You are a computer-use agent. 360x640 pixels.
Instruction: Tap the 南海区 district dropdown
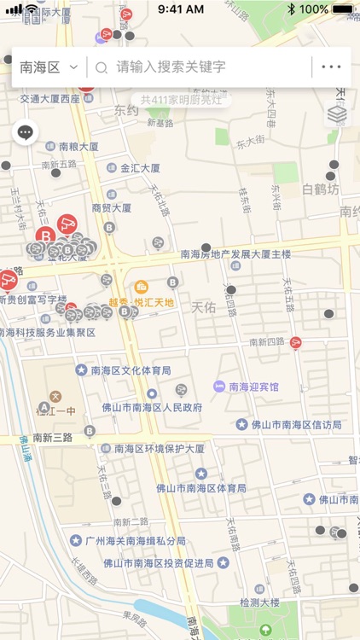[x=48, y=67]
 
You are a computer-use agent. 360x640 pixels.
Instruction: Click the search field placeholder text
[x=171, y=67]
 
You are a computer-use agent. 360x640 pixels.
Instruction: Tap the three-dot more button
[x=331, y=67]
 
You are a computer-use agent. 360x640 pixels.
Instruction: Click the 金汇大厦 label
[x=140, y=168]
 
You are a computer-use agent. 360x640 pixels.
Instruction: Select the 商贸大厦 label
[x=112, y=207]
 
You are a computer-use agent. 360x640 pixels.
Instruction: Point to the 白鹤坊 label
[x=321, y=189]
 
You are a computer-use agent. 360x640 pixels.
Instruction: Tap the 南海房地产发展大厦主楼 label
[x=235, y=254]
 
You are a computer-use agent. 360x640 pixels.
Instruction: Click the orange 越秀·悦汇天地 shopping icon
[x=142, y=287]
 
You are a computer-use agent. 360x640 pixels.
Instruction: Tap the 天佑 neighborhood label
[x=203, y=305]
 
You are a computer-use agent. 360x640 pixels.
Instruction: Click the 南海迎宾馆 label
[x=253, y=387]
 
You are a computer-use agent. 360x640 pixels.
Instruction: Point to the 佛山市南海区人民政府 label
[x=152, y=408]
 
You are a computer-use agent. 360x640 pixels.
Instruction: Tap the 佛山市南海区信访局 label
[x=296, y=424]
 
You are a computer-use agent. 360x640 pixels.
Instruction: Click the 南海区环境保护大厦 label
[x=159, y=448]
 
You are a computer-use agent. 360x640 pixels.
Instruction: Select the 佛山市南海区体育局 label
[x=200, y=488]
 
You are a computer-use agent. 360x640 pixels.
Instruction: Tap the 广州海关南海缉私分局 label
[x=135, y=541]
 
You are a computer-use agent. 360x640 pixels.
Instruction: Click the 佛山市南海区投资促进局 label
[x=158, y=562]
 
